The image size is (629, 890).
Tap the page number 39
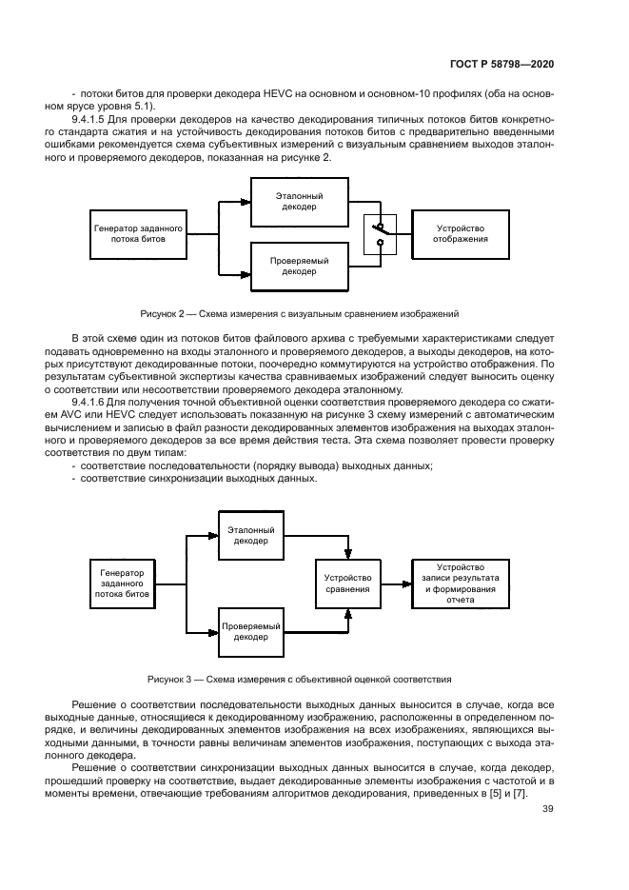(x=548, y=810)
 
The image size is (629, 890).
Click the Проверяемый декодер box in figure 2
(x=299, y=265)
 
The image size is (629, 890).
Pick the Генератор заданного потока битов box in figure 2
(x=136, y=233)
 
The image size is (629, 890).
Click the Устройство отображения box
(x=461, y=233)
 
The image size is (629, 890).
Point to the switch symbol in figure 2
(x=381, y=233)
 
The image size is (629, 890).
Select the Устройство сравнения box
(x=347, y=583)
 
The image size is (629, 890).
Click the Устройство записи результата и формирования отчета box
(x=460, y=583)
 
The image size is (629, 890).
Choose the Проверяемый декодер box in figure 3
(x=252, y=632)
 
